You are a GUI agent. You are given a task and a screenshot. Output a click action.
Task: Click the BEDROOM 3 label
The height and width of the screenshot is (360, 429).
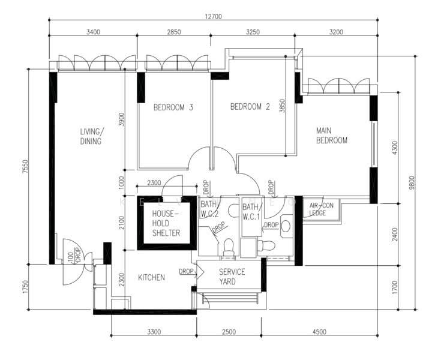pyautogui.click(x=173, y=108)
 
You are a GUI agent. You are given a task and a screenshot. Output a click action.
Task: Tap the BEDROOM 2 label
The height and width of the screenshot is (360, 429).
pyautogui.click(x=250, y=107)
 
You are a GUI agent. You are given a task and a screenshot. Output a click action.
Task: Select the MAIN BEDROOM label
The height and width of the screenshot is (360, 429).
pyautogui.click(x=332, y=136)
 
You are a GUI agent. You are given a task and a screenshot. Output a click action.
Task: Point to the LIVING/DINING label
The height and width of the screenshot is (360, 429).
pyautogui.click(x=92, y=136)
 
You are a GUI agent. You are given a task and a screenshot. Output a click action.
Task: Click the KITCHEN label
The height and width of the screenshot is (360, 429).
pyautogui.click(x=151, y=278)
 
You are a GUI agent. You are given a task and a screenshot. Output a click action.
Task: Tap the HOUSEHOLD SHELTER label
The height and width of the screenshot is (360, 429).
pyautogui.click(x=166, y=223)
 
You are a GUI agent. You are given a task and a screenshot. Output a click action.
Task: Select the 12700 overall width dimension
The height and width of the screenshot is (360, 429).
pyautogui.click(x=212, y=17)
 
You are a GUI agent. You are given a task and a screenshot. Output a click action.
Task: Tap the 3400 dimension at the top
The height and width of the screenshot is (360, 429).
pyautogui.click(x=92, y=32)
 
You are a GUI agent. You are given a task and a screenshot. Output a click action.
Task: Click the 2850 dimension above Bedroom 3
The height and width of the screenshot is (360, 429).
pyautogui.click(x=173, y=32)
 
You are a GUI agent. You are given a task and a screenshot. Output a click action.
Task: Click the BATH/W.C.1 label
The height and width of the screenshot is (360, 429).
pyautogui.click(x=251, y=212)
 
